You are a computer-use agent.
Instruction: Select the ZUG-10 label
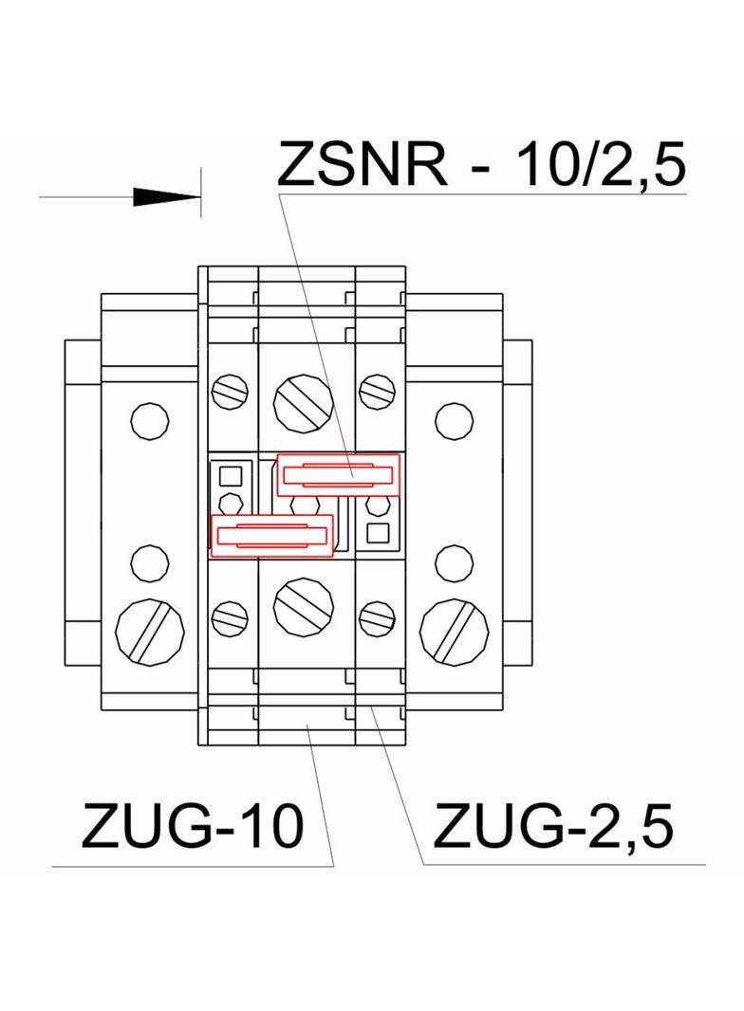[x=193, y=827]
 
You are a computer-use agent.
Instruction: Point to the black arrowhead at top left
[x=161, y=196]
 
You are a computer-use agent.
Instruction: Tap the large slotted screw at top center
[x=302, y=402]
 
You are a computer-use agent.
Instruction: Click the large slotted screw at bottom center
[x=302, y=603]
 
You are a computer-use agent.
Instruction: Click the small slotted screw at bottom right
[x=378, y=618]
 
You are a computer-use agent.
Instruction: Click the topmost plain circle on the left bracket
[x=148, y=421]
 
